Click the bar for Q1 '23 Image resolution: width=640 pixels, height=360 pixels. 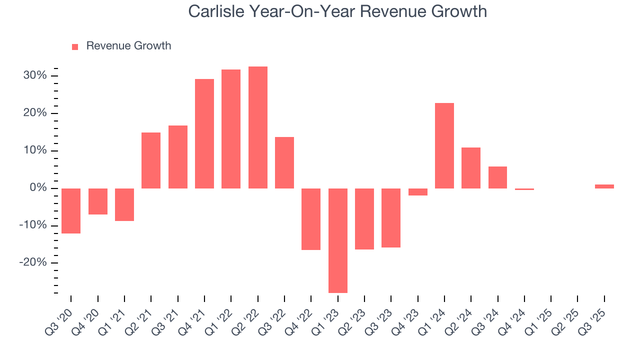tap(337, 240)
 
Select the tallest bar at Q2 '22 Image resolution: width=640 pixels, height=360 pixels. tap(257, 127)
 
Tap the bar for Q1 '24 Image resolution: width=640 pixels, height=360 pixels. tap(444, 145)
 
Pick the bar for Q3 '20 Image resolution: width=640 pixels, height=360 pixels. tap(71, 211)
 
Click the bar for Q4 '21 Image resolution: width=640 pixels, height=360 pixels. tap(204, 133)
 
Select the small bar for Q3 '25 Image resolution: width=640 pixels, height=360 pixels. tap(604, 186)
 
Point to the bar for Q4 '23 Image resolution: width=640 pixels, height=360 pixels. tap(417, 192)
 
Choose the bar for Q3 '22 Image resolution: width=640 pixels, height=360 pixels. tap(284, 162)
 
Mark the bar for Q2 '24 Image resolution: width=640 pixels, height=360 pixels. tap(471, 168)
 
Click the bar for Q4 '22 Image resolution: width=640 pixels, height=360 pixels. tap(311, 219)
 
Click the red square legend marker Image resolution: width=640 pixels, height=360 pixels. tap(75, 46)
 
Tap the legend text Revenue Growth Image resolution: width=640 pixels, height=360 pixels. tap(128, 46)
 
